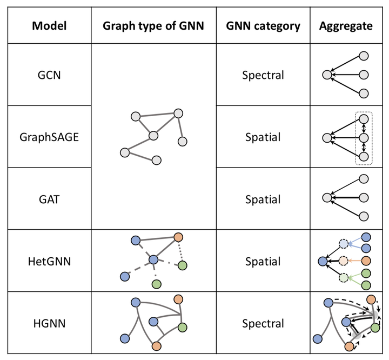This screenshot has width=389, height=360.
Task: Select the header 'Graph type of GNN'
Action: [153, 25]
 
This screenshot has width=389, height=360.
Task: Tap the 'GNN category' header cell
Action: [263, 25]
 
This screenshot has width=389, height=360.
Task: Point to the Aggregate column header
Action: [346, 25]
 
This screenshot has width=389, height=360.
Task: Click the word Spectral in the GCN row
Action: [263, 75]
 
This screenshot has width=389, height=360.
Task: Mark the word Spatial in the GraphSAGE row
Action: [263, 137]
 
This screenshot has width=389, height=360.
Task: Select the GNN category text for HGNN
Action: [263, 323]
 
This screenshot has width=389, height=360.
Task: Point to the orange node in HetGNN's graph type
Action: [179, 238]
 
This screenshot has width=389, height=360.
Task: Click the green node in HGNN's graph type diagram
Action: [182, 326]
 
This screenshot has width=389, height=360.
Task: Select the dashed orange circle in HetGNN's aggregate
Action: [343, 261]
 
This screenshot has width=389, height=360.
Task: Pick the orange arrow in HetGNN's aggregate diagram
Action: [355, 261]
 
